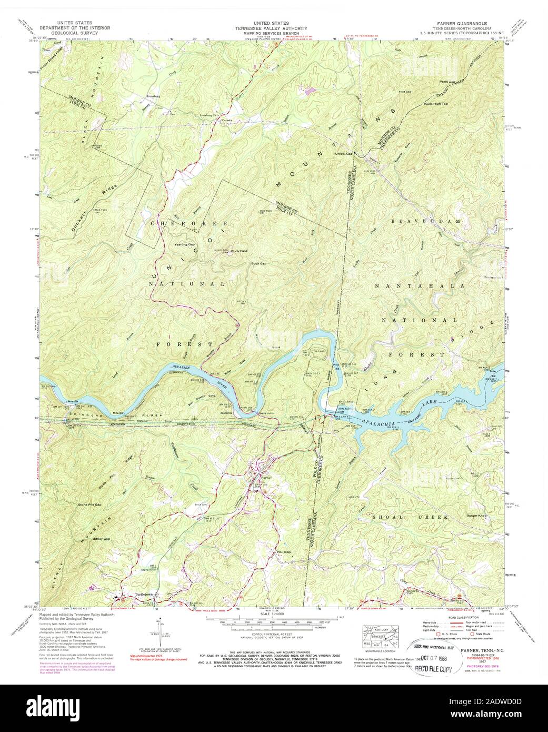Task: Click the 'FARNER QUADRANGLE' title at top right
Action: [x=459, y=24]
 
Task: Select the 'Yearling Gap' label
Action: [x=184, y=245]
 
